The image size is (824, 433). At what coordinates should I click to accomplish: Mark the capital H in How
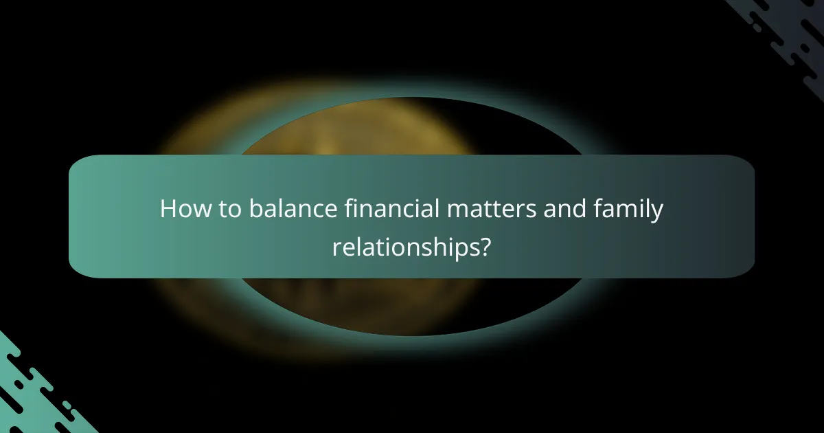(168, 209)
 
